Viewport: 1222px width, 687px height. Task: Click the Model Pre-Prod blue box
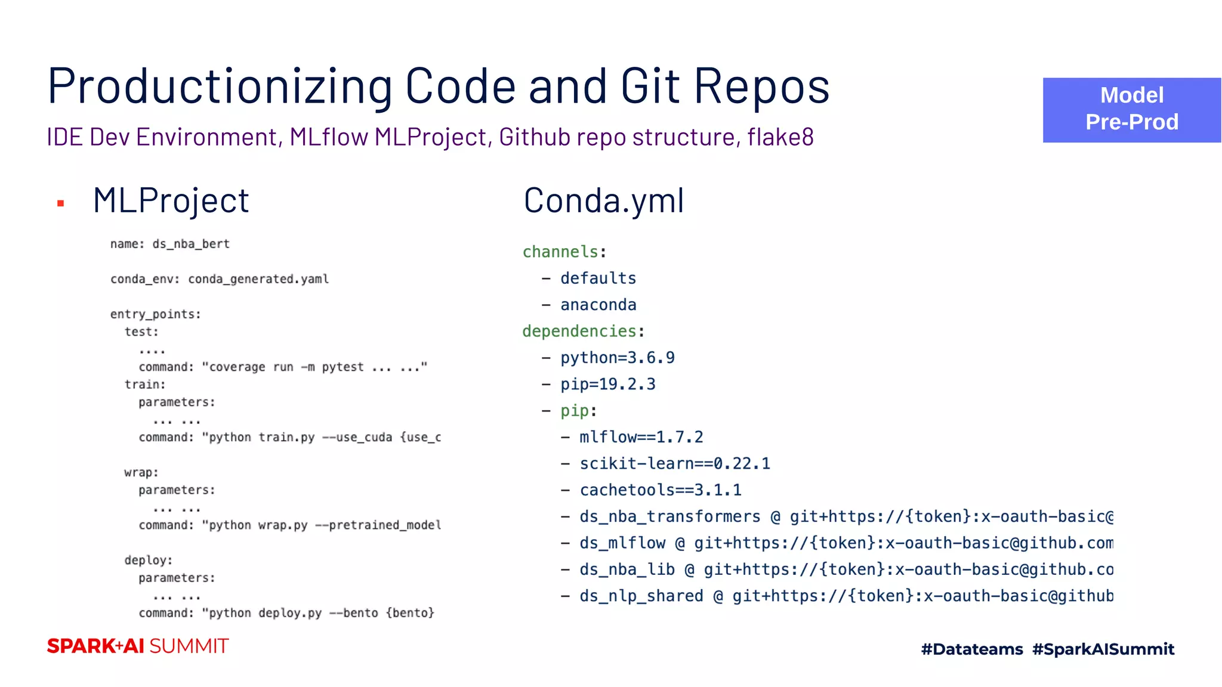click(1131, 110)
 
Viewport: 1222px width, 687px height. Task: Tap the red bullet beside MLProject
click(60, 204)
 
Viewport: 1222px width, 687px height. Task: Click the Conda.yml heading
click(603, 200)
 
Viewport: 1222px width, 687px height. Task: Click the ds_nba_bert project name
click(191, 244)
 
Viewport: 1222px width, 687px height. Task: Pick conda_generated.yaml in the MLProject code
click(258, 279)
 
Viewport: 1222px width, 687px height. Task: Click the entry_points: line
click(156, 314)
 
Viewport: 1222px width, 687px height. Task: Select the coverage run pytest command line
click(283, 367)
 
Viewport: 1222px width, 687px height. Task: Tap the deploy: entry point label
click(148, 560)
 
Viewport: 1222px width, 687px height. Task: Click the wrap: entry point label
click(141, 472)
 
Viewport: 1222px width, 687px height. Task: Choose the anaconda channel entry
click(598, 305)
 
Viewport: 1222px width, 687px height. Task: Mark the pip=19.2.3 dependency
click(607, 384)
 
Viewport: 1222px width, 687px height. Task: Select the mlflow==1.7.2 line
click(641, 437)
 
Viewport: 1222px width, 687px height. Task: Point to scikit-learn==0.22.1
click(674, 463)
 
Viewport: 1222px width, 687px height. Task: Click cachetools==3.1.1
click(660, 490)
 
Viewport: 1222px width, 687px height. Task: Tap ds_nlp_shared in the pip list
click(641, 596)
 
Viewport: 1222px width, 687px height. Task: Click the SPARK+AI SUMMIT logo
click(138, 646)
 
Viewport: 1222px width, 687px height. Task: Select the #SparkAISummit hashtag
click(1103, 649)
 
